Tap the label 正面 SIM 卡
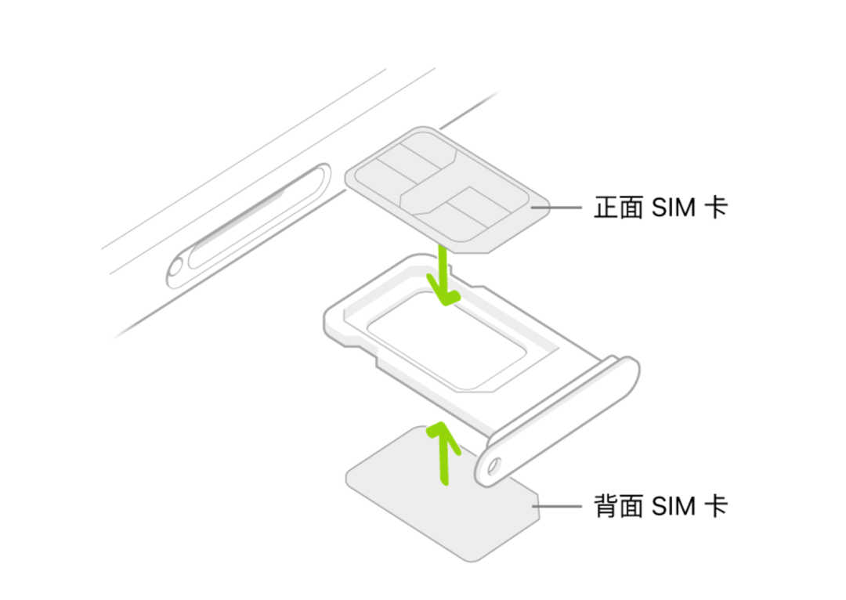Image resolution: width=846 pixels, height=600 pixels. (660, 208)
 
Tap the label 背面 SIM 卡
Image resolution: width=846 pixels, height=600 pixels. (660, 505)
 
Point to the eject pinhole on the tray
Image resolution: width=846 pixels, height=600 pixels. (493, 468)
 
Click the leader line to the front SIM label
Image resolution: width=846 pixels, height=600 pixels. (556, 208)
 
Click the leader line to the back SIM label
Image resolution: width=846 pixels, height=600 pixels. (558, 506)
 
